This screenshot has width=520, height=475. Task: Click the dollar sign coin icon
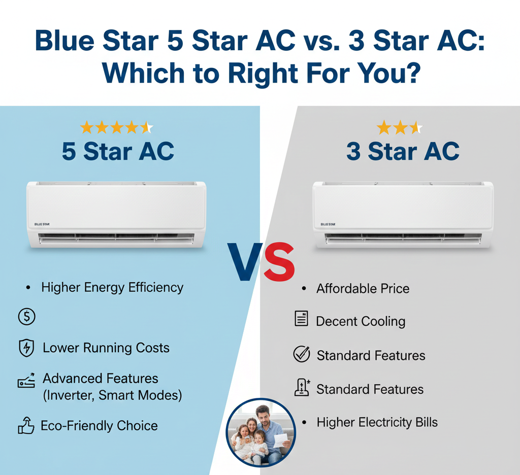coord(26,317)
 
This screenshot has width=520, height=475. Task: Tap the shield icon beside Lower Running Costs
coord(26,348)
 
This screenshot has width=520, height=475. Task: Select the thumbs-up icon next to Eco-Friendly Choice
coord(26,426)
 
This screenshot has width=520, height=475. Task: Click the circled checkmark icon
coord(302,355)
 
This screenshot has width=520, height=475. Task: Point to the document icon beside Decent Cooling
coord(302,319)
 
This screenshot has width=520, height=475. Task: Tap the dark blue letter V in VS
coord(245,263)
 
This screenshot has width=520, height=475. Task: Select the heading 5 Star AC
coord(118,151)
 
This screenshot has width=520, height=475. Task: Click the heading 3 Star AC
coord(403,151)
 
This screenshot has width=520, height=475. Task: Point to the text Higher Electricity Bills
coord(377,422)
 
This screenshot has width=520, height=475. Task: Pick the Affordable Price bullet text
coord(363,289)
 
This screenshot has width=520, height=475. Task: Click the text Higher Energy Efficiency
coord(112,288)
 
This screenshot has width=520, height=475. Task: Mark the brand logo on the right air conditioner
coord(328,224)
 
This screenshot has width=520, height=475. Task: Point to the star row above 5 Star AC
coord(116,127)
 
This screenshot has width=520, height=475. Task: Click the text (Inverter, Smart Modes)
coord(112,395)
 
